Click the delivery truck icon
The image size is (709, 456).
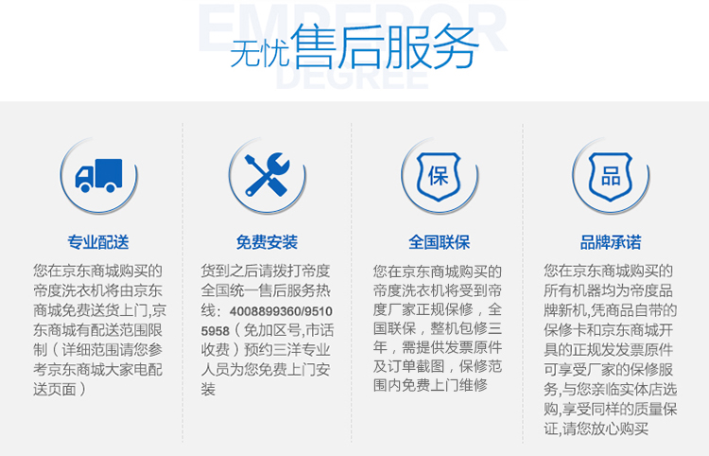pos(98,176)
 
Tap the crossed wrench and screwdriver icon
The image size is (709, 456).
pos(268,175)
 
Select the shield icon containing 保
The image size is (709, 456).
pos(438,176)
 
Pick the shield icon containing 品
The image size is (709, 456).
pos(611,176)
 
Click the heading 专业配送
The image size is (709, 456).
pos(98,242)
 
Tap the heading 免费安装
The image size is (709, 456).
pos(267,242)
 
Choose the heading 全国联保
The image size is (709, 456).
pos(439,242)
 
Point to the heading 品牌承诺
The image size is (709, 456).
pos(611,242)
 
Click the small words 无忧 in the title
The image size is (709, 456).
pos(260,53)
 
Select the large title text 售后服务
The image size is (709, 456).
pos(385,46)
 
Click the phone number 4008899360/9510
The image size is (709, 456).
pos(281,311)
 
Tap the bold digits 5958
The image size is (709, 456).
pos(216,331)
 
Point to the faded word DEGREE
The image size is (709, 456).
pos(352,77)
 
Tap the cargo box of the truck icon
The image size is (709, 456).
pos(109,172)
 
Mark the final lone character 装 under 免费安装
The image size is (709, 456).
pos(208,389)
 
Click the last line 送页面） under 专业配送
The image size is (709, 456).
pos(60,389)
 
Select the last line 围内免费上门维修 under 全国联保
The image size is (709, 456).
pos(430,385)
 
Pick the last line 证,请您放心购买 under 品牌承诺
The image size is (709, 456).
pos(596,428)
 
